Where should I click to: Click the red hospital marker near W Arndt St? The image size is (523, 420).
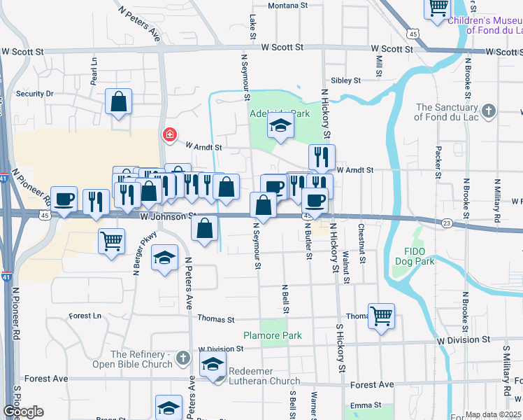tap(169, 134)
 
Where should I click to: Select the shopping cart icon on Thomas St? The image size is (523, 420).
tap(381, 316)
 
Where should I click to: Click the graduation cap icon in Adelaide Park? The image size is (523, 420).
tap(280, 126)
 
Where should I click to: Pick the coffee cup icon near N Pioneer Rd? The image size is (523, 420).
tap(64, 199)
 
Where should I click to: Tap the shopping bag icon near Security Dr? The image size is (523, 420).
tap(118, 101)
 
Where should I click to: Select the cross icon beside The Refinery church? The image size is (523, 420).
tap(182, 358)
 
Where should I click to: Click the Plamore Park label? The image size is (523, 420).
tap(273, 335)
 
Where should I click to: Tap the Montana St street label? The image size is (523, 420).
tap(288, 6)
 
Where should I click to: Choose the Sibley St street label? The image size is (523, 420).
tap(346, 80)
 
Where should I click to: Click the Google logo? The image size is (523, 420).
tap(23, 412)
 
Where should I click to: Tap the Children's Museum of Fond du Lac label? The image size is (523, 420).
tap(484, 25)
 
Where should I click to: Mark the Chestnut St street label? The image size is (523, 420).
tap(361, 243)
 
